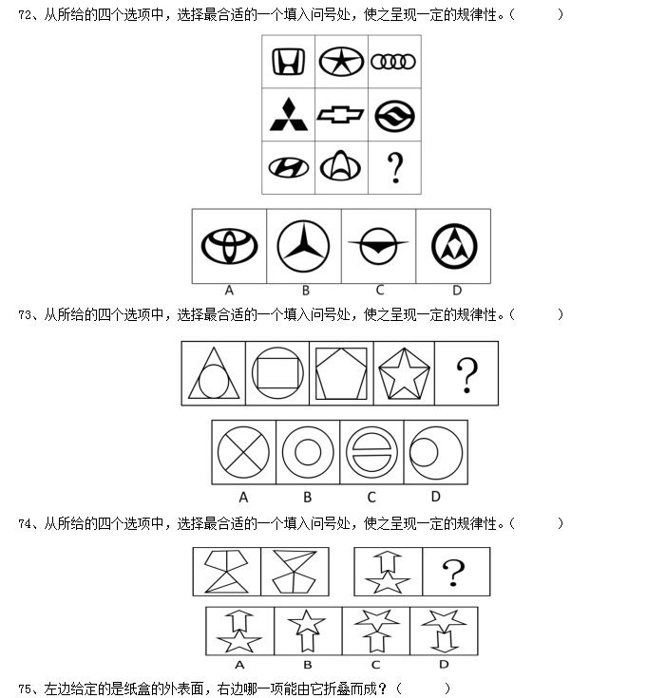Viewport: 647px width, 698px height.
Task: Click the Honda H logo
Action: pyautogui.click(x=289, y=62)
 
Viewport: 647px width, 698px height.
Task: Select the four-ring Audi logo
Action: pyautogui.click(x=393, y=62)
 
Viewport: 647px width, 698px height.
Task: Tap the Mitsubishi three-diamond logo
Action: pyautogui.click(x=289, y=114)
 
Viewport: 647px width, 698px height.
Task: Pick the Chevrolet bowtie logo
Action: pyautogui.click(x=341, y=114)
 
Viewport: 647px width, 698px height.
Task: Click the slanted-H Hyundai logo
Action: pyautogui.click(x=289, y=168)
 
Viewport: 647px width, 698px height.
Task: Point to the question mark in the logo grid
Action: pyautogui.click(x=395, y=168)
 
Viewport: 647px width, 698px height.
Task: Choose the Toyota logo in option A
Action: pyautogui.click(x=229, y=246)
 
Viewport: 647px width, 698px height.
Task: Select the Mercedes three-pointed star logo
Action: pyautogui.click(x=303, y=246)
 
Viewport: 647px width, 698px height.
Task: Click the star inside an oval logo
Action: pyautogui.click(x=341, y=62)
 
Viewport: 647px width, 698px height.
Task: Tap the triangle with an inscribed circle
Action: pyautogui.click(x=214, y=373)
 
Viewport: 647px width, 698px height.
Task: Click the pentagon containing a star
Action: pyautogui.click(x=404, y=373)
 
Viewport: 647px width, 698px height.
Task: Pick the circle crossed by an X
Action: pyautogui.click(x=243, y=452)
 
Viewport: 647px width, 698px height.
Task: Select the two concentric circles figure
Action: pyautogui.click(x=308, y=452)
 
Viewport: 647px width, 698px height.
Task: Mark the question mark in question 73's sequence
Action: pyautogui.click(x=467, y=376)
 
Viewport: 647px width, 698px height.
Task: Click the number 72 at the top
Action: pyautogui.click(x=25, y=15)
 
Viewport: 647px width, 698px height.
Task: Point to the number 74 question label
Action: pyautogui.click(x=25, y=523)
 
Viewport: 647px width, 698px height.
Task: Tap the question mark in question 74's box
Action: pyautogui.click(x=453, y=573)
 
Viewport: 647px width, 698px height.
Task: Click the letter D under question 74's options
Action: pyautogui.click(x=444, y=664)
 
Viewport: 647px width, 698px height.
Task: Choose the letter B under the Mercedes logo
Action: pyautogui.click(x=306, y=291)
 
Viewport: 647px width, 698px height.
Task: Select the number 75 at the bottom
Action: pyautogui.click(x=25, y=689)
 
